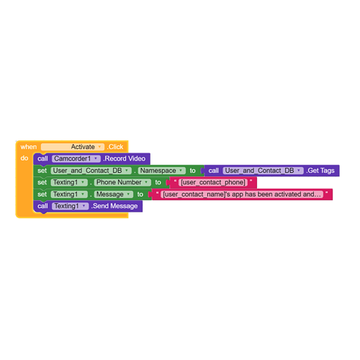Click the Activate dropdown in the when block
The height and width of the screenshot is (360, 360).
coord(73,147)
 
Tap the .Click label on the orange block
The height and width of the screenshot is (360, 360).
coord(115,147)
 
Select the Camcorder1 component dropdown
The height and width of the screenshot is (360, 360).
coord(76,158)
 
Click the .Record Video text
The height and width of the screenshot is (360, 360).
coord(125,158)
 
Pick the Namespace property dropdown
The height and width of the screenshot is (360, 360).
coord(161,171)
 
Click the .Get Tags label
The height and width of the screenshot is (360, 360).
coord(320,171)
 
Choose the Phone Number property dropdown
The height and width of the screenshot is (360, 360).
coord(122,182)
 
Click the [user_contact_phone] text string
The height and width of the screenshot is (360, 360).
coord(213,182)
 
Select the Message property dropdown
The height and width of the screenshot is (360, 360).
coord(113,194)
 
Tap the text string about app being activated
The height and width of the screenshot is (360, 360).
coord(242,194)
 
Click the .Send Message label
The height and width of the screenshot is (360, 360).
coord(114,206)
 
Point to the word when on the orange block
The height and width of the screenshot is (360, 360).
coord(29,147)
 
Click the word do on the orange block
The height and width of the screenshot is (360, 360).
coord(24,158)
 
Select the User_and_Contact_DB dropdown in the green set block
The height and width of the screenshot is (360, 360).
coord(91,171)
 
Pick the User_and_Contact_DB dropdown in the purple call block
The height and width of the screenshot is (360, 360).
coord(263,171)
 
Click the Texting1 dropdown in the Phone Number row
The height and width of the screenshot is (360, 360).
coord(69,182)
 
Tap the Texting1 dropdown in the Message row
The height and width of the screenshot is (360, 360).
coord(69,194)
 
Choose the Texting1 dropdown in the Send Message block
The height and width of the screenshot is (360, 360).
coord(70,206)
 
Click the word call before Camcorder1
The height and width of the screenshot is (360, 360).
coord(42,158)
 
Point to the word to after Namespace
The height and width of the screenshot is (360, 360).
coord(192,171)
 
